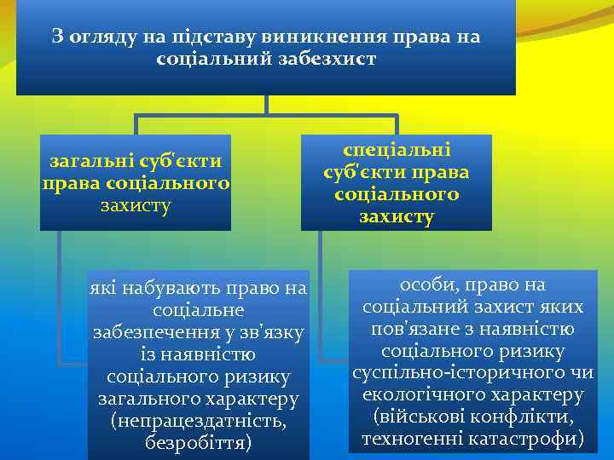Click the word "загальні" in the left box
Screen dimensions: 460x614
pos(88,160)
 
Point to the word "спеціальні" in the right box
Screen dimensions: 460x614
pos(396,149)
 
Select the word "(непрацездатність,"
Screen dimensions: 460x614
pos(199,421)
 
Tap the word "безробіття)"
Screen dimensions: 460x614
pos(199,443)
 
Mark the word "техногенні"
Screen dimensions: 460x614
pos(412,440)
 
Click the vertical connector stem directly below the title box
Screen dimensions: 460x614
pos(267,104)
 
